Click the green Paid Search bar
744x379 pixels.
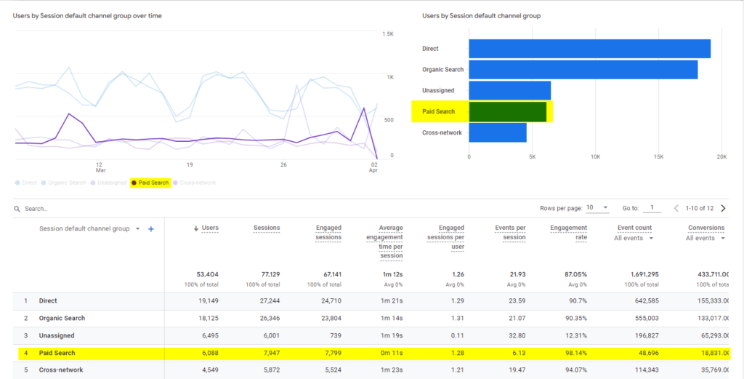(x=507, y=111)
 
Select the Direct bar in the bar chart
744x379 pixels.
(x=589, y=49)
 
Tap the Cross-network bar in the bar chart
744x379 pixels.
(x=498, y=132)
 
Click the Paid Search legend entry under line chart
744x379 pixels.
(x=150, y=183)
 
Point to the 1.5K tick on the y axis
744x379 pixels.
(x=389, y=34)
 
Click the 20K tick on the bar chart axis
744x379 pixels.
(x=721, y=156)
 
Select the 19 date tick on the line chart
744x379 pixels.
(x=189, y=164)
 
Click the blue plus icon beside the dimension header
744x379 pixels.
(x=151, y=228)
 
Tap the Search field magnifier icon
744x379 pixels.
(x=17, y=209)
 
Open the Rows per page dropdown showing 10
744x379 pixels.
(x=597, y=208)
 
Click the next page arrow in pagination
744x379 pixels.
(x=731, y=208)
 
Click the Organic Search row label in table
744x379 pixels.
(x=62, y=318)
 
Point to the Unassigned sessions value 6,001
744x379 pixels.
(x=267, y=335)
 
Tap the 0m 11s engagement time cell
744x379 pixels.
(x=391, y=353)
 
